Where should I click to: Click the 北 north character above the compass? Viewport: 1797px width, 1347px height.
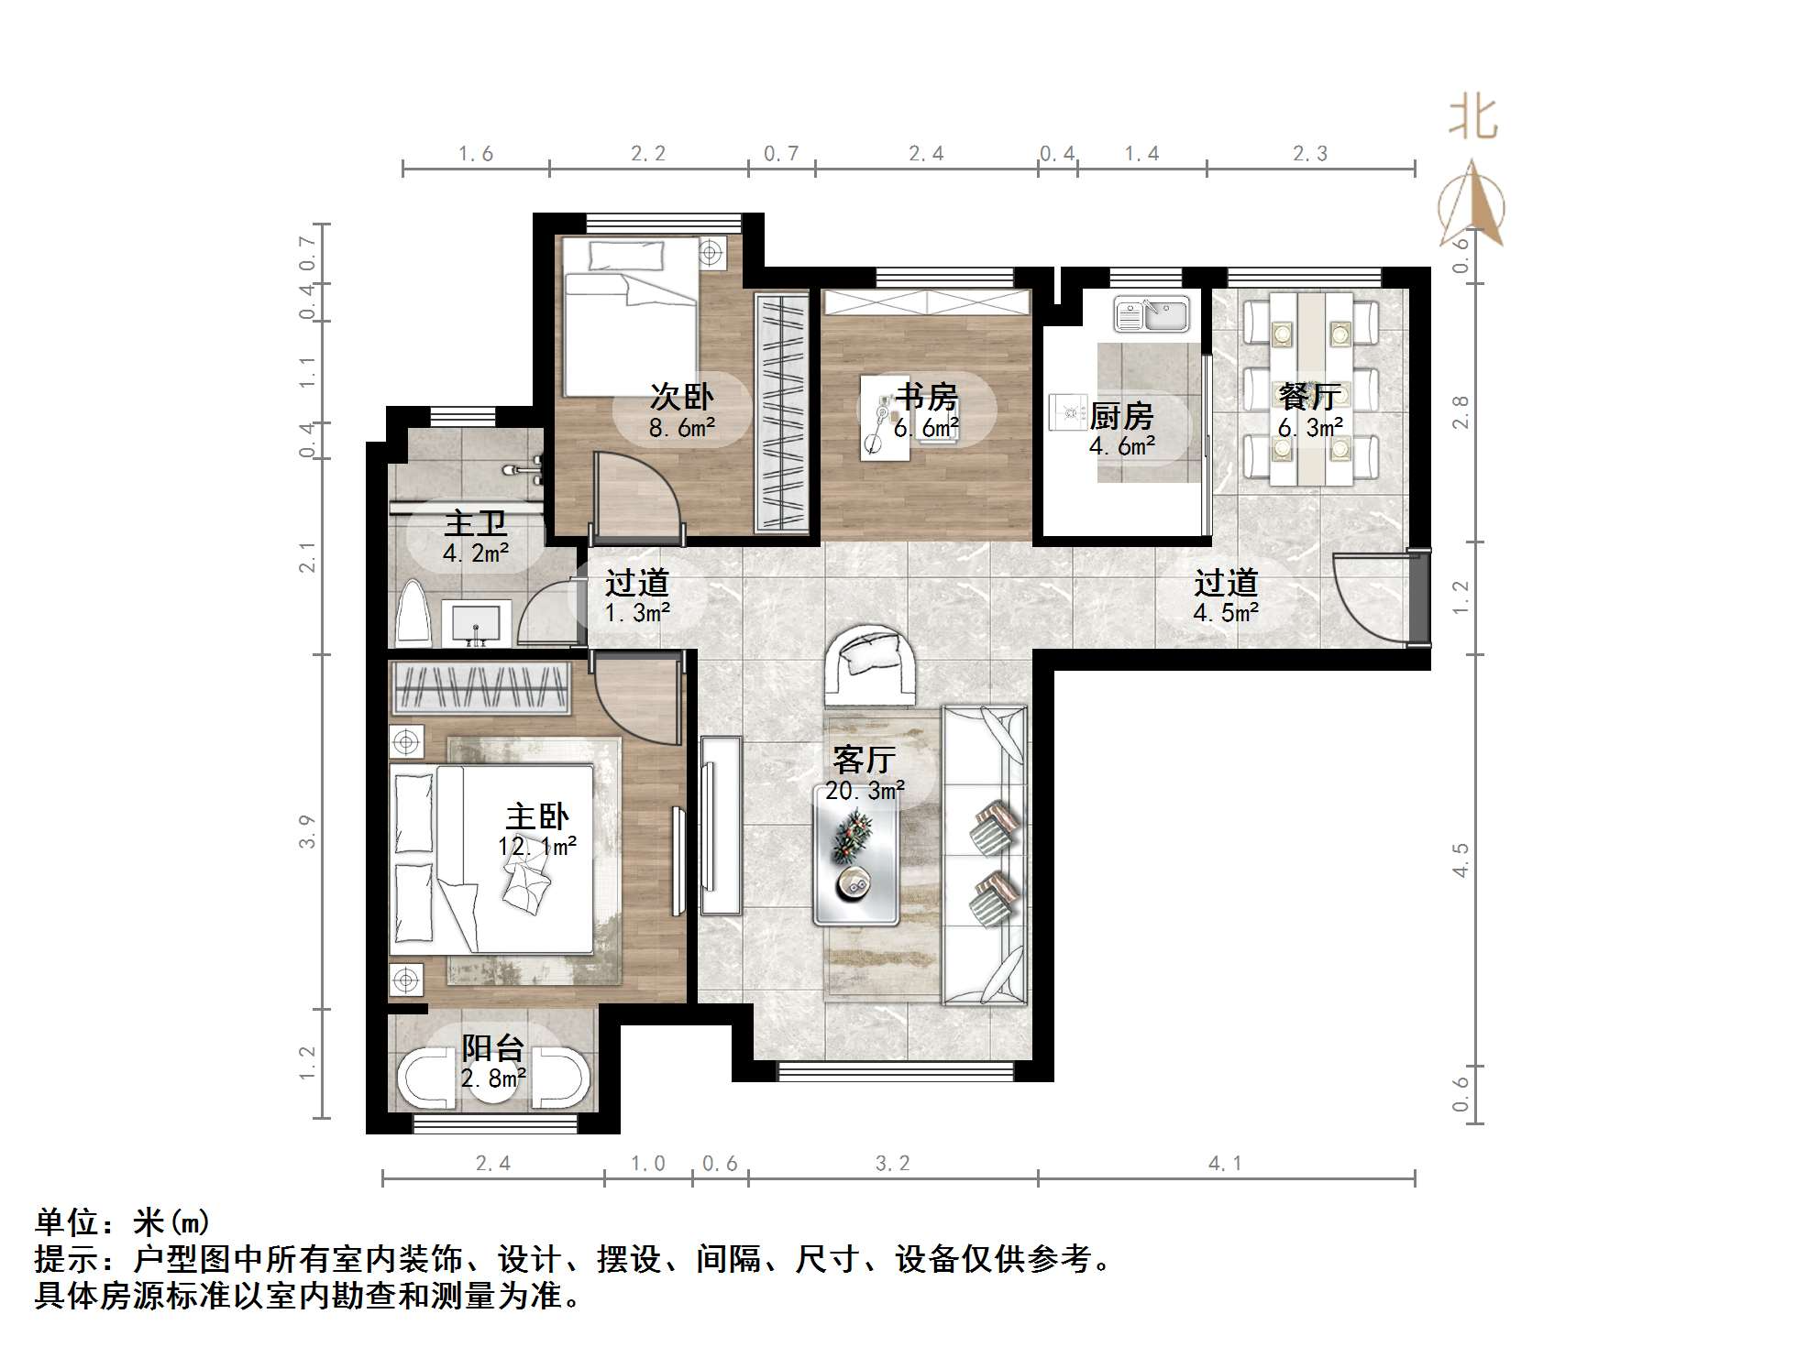pyautogui.click(x=1472, y=118)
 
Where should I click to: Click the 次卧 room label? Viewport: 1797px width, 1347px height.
pyautogui.click(x=681, y=397)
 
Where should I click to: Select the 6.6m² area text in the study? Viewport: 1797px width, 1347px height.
pyautogui.click(x=926, y=428)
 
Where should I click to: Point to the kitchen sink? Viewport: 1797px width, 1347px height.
pyautogui.click(x=1152, y=314)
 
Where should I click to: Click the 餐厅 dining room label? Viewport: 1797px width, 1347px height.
pyautogui.click(x=1310, y=397)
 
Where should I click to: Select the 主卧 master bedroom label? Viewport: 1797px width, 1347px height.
pyautogui.click(x=537, y=816)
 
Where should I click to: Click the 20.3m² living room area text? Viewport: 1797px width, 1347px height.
pyautogui.click(x=865, y=791)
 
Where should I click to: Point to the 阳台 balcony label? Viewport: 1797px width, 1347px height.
pyautogui.click(x=493, y=1048)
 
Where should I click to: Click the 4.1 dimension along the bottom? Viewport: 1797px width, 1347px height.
pyautogui.click(x=1225, y=1164)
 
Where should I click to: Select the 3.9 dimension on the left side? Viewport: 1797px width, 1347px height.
pyautogui.click(x=307, y=831)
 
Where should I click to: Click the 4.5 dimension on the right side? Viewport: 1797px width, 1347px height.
pyautogui.click(x=1461, y=860)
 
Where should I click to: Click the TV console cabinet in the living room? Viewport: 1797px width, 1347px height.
pyautogui.click(x=721, y=825)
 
